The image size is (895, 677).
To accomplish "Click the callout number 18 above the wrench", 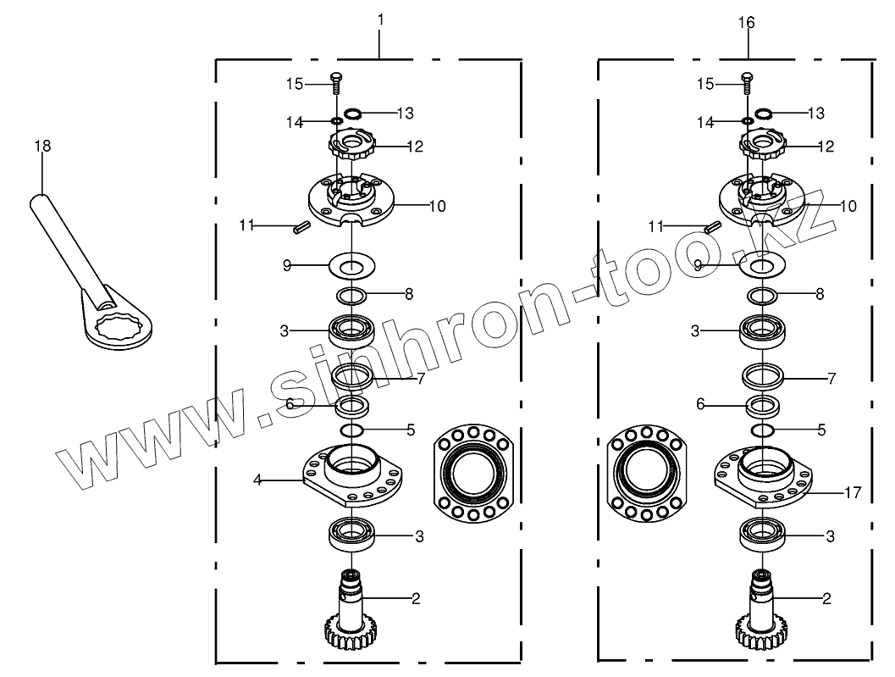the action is click(42, 146).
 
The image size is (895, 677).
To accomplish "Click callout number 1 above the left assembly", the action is click(380, 18).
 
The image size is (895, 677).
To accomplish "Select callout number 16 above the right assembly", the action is click(746, 23).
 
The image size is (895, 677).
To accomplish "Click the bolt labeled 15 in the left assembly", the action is click(335, 82).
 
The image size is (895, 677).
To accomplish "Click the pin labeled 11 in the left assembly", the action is click(298, 227).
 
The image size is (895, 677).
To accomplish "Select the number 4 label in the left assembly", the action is click(257, 480).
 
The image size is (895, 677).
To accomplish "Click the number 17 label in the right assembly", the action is click(853, 491).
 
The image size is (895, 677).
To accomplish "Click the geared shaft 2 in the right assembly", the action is click(760, 610).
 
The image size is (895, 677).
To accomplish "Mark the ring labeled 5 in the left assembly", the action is click(351, 431).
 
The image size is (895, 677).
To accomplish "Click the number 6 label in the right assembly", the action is click(700, 405).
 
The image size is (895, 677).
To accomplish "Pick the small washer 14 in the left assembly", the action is click(336, 121).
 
